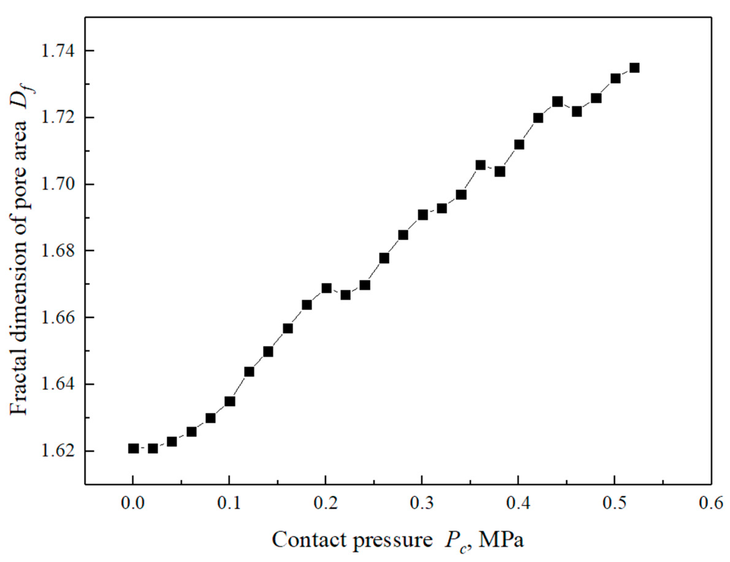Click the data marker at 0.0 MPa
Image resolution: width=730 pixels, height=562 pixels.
[x=133, y=448]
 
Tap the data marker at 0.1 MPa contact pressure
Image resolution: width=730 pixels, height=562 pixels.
[x=230, y=401]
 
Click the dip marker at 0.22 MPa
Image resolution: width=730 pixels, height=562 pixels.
[x=345, y=295]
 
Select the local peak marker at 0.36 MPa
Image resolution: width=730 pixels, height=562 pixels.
[x=480, y=165]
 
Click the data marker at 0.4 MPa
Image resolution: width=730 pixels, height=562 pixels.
[x=519, y=145]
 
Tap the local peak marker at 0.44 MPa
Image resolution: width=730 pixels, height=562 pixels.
[x=557, y=101]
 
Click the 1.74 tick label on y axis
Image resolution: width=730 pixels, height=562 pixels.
[x=56, y=51]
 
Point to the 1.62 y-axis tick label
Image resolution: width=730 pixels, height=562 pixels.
[x=56, y=451]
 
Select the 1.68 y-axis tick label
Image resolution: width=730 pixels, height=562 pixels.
[x=56, y=251]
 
